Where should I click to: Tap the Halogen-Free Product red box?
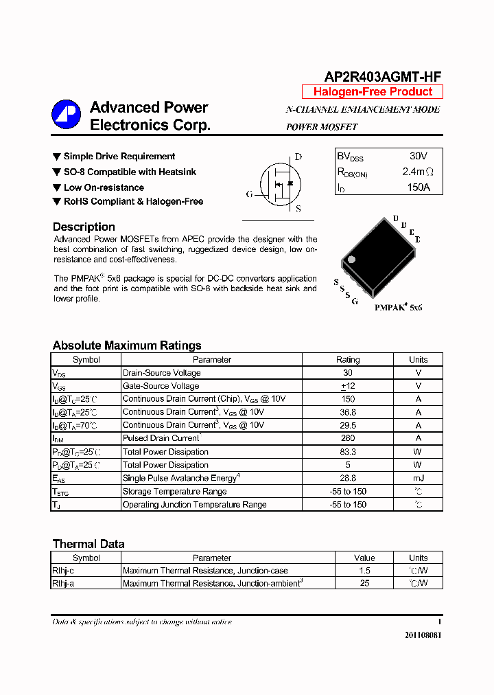pyautogui.click(x=373, y=92)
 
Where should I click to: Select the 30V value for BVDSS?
pyautogui.click(x=418, y=157)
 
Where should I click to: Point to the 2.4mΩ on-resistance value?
pyautogui.click(x=418, y=172)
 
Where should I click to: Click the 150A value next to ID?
pyautogui.click(x=418, y=187)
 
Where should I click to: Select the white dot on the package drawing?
pyautogui.click(x=351, y=260)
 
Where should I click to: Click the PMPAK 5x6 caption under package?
pyautogui.click(x=398, y=308)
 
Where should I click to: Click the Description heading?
pyautogui.click(x=84, y=227)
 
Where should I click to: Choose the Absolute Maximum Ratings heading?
pyautogui.click(x=127, y=345)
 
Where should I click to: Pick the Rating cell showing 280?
pyautogui.click(x=348, y=438)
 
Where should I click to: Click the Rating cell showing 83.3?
pyautogui.click(x=348, y=452)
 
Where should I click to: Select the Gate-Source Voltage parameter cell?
pyautogui.click(x=161, y=386)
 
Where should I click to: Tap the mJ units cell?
pyautogui.click(x=418, y=478)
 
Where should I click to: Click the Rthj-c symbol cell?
pyautogui.click(x=63, y=571)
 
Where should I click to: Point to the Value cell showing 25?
pyautogui.click(x=364, y=583)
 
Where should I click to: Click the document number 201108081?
pyautogui.click(x=423, y=635)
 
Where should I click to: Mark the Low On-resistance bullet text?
pyautogui.click(x=104, y=187)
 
